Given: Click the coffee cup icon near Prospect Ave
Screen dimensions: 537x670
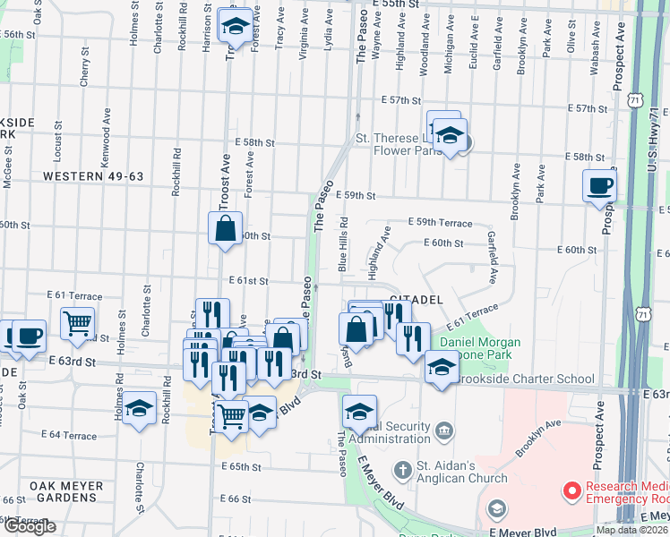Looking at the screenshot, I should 599,186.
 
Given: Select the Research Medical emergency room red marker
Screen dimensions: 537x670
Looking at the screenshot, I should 570,490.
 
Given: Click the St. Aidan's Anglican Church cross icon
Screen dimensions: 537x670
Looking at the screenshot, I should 403,469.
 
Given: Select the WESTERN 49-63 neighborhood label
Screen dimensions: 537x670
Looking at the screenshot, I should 93,177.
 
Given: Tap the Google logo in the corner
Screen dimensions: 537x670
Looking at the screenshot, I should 30,526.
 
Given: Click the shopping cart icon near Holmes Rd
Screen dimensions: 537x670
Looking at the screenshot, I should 77,322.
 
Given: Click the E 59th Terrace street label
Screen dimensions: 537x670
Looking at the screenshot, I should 439,222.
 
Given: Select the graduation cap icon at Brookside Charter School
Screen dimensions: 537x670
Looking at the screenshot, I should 441,367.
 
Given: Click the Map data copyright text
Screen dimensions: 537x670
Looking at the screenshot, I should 631,530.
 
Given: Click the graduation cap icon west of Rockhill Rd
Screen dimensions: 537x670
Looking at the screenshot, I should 140,409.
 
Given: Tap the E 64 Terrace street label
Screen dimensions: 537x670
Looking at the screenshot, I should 72,436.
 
